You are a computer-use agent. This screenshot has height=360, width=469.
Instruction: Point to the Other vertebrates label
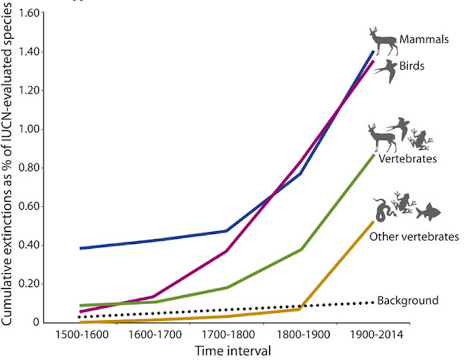pos(414,237)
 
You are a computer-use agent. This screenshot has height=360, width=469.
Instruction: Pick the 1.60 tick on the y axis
pos(30,13)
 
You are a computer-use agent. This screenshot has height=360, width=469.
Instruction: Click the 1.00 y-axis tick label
pos(30,129)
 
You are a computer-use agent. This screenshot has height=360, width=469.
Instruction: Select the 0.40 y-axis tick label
pos(30,245)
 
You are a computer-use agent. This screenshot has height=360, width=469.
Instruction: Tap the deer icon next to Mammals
pos(383,41)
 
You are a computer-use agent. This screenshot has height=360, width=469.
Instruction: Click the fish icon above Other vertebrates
pos(428,212)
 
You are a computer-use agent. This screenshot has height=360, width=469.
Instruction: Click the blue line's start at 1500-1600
pos(63,248)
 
